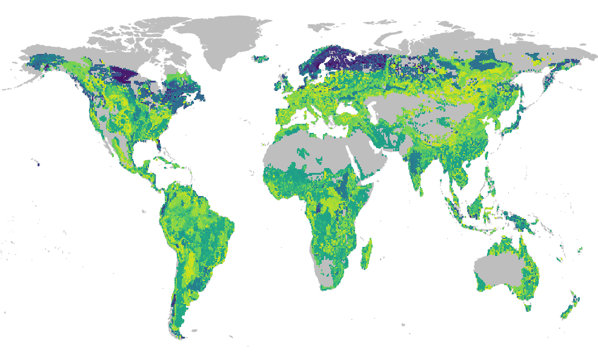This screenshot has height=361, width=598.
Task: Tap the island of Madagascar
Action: [x=367, y=254]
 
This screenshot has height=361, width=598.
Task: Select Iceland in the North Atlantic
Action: [x=262, y=59]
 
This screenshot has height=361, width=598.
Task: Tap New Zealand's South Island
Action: [x=567, y=312]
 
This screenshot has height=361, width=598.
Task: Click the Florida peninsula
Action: [x=159, y=146]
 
